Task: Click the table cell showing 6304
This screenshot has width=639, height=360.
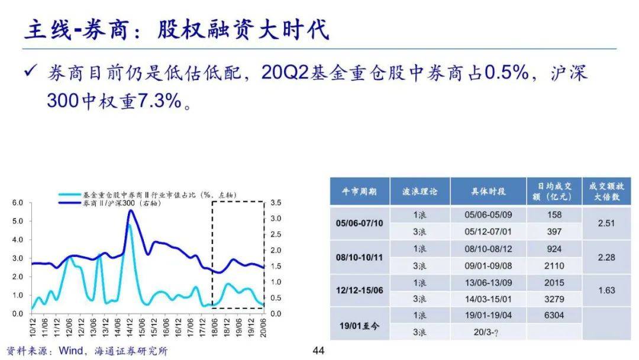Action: [554, 316]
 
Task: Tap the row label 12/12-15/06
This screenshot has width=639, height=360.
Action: [359, 290]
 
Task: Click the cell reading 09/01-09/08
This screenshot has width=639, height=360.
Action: [488, 265]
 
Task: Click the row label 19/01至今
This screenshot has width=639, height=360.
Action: [359, 324]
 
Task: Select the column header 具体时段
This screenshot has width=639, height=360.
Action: [488, 191]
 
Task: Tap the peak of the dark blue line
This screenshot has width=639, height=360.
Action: [131, 211]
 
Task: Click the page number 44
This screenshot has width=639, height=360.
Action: [319, 351]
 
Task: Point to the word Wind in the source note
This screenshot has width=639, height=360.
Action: [72, 351]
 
